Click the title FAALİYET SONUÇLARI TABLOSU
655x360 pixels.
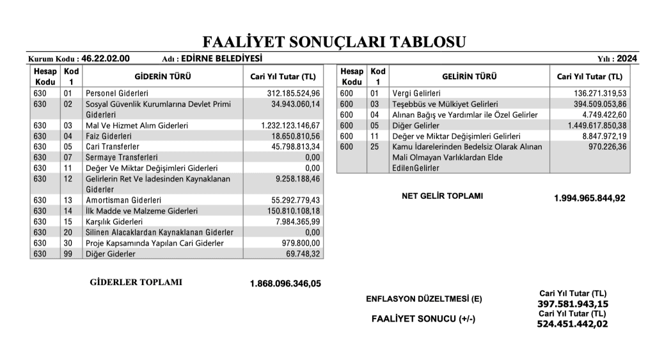(334, 43)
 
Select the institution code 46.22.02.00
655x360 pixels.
(106, 58)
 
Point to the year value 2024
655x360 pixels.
(627, 58)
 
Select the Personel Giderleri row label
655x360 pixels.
(117, 93)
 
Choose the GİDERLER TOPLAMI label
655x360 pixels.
(136, 282)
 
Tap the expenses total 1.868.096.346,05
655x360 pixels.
(285, 283)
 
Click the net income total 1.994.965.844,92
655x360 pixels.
(589, 198)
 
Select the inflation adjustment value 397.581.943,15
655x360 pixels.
(572, 304)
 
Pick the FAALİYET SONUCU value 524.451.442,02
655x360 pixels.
(572, 324)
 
